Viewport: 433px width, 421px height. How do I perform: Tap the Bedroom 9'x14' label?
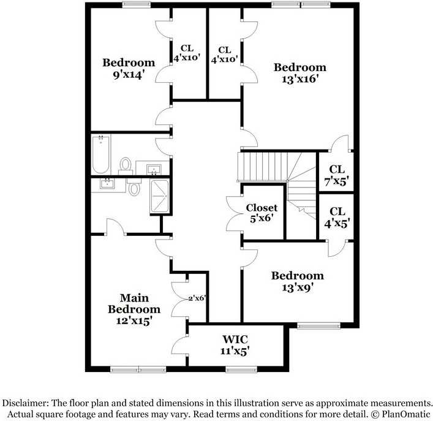pos(128,69)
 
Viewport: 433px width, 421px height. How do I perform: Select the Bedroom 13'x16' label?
pos(299,73)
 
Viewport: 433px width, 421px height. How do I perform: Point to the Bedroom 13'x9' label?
pos(297,281)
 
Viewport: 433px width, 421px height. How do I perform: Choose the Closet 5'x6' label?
pos(262,213)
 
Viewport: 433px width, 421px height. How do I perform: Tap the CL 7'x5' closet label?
pos(337,175)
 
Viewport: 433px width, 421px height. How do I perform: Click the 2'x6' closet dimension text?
pos(197,298)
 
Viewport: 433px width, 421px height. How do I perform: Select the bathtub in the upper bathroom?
pos(100,155)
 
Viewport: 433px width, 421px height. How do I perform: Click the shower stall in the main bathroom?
pos(160,197)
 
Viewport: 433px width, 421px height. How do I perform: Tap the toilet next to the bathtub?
pos(126,164)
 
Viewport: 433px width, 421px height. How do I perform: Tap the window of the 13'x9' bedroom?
pos(318,325)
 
